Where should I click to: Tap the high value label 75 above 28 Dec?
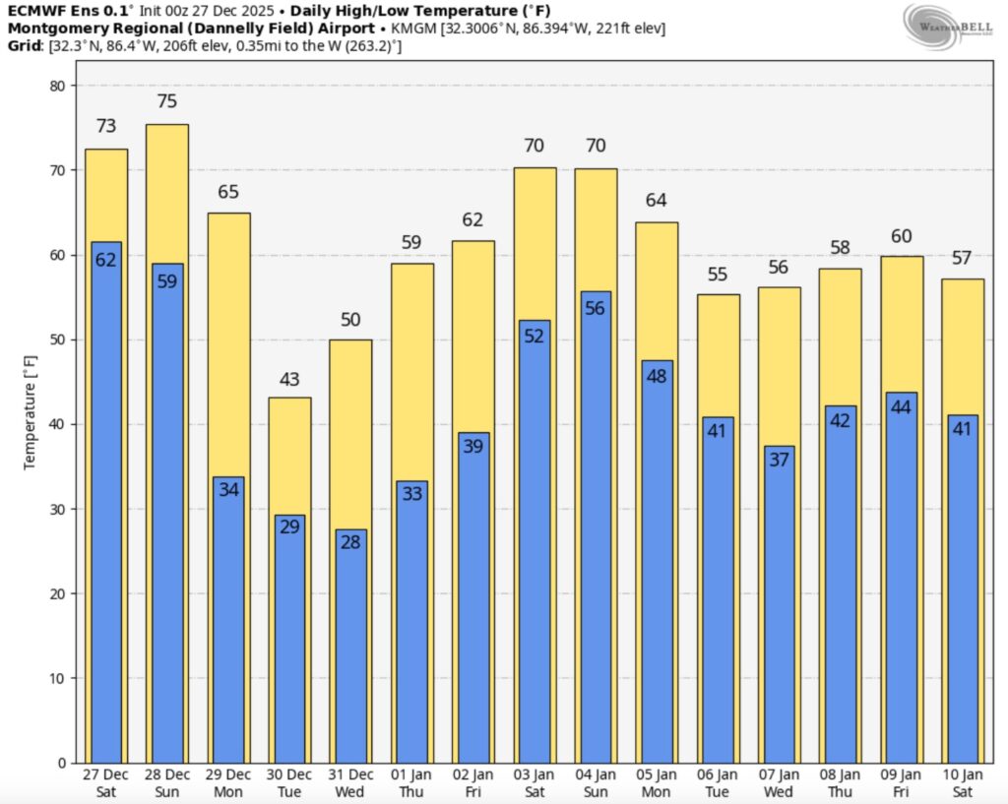pyautogui.click(x=166, y=102)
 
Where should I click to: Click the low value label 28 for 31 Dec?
pyautogui.click(x=350, y=543)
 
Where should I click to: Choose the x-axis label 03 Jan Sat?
pyautogui.click(x=535, y=783)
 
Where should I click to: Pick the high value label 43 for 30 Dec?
pyautogui.click(x=289, y=379)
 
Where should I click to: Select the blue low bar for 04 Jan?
pyautogui.click(x=596, y=531)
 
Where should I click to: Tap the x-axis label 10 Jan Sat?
pyautogui.click(x=963, y=783)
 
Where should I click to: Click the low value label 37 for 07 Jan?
pyautogui.click(x=779, y=460)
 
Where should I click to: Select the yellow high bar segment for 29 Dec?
pyautogui.click(x=228, y=344)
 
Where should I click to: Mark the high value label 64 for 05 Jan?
pyautogui.click(x=657, y=201)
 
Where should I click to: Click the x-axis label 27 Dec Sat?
pyautogui.click(x=105, y=783)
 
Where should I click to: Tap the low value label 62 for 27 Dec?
pyautogui.click(x=105, y=260)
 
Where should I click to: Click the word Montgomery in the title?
pyautogui.click(x=48, y=29)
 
